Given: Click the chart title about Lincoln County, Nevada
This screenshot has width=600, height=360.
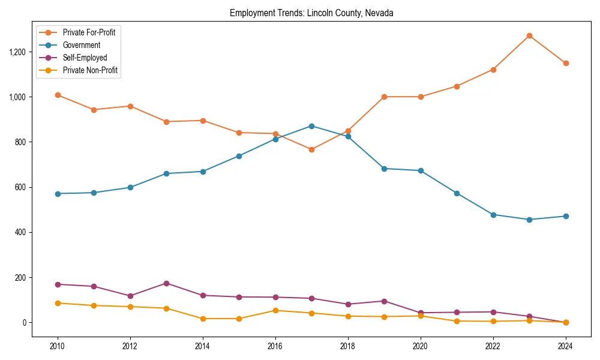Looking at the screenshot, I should (311, 13).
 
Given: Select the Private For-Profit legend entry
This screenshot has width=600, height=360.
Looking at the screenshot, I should (89, 32).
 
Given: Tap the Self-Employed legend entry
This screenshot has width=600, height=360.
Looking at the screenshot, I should (85, 58).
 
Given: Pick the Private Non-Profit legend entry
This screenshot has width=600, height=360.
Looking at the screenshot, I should (90, 70).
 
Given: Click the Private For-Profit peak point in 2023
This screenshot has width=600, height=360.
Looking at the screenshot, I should (529, 35).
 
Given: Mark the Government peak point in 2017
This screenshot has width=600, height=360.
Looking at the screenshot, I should (311, 126).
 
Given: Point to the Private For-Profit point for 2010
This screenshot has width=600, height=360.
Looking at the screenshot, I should (58, 95).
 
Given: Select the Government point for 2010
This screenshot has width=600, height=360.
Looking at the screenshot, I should (58, 194).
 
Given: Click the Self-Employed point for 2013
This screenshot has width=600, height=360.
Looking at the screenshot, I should (166, 283).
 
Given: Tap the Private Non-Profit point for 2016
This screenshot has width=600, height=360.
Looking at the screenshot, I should (275, 310).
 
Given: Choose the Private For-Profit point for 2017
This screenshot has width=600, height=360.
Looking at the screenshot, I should (311, 149).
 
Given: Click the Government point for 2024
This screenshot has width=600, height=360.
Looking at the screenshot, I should (566, 216).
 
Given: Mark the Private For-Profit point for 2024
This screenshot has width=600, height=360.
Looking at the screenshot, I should (566, 63).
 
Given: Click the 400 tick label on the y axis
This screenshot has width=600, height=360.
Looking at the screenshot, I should (20, 232).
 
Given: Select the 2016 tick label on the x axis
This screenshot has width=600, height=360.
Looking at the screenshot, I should (275, 346).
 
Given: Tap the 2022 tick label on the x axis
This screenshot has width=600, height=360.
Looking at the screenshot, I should (493, 346).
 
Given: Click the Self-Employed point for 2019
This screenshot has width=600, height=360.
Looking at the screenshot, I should (384, 301).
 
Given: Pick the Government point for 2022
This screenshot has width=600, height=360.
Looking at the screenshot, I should (493, 215).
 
